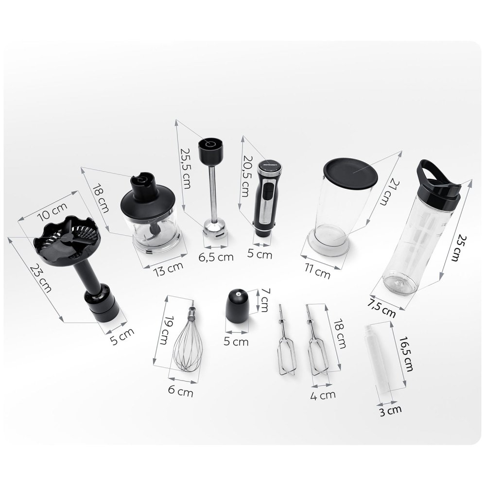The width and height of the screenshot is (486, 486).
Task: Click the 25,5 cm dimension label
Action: pos(185,168)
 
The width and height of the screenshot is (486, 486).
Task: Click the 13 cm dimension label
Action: pos(168,268)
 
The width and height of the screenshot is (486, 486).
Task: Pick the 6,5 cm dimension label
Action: pos(216,257)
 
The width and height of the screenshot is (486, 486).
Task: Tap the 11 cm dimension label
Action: pos(317,272)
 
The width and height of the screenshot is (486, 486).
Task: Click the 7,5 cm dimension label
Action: pos(382,309)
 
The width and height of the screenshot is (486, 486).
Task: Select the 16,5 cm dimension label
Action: pos(406,354)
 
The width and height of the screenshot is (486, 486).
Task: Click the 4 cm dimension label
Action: pos(323,396)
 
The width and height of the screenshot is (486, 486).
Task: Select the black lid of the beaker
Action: pos(350,174)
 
